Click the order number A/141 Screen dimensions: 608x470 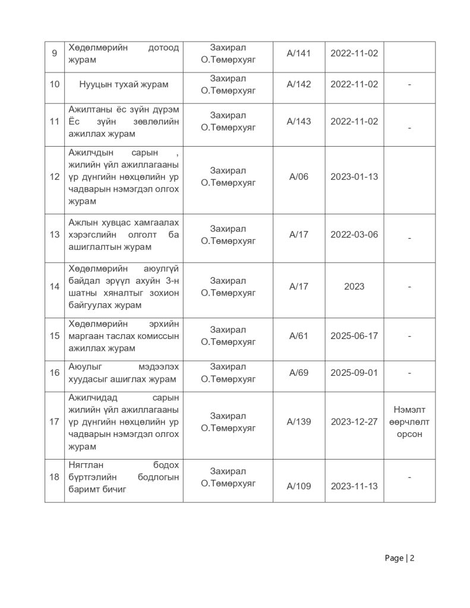click(298, 53)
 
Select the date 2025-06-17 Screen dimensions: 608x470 click(354, 336)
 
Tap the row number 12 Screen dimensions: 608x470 click(55, 177)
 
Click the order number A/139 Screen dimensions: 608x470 click(298, 422)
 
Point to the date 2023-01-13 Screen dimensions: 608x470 click(354, 177)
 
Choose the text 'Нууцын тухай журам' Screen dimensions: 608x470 click(124, 84)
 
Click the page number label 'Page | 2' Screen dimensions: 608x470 click(399, 558)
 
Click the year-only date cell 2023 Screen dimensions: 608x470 click(354, 287)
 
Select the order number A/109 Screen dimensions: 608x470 click(298, 486)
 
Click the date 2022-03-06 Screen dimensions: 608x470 click(354, 235)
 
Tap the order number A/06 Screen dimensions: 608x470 click(298, 177)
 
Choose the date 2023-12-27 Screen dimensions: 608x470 click(354, 422)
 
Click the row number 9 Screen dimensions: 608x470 click(55, 53)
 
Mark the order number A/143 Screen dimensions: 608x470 click(298, 122)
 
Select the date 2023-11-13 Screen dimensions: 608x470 click(354, 486)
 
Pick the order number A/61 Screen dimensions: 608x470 click(298, 336)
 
